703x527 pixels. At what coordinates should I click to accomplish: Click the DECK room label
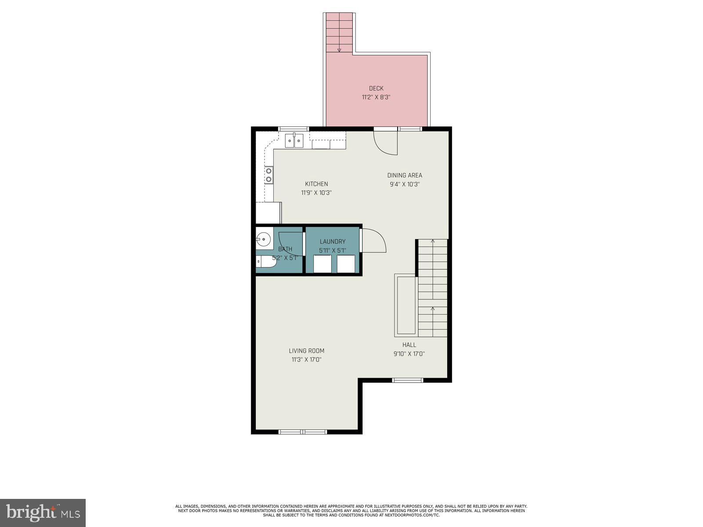(x=376, y=88)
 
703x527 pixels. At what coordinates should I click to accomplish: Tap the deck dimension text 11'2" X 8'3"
(x=376, y=97)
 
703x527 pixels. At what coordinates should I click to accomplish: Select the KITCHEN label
(x=316, y=184)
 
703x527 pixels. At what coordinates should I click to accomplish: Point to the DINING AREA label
(x=405, y=175)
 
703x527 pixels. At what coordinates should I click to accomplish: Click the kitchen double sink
(x=294, y=141)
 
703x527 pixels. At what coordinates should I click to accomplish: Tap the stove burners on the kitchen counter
(x=268, y=175)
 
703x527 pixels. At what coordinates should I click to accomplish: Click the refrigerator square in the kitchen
(x=268, y=213)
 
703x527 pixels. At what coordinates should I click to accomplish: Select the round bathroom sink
(x=264, y=240)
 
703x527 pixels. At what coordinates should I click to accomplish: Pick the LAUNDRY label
(x=333, y=242)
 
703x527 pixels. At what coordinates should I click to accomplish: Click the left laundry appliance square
(x=322, y=263)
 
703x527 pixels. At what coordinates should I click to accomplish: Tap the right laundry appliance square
(x=346, y=263)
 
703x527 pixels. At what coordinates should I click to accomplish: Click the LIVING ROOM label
(x=307, y=351)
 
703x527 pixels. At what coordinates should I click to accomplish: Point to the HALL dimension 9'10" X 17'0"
(x=409, y=354)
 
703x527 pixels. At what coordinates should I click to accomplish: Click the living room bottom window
(x=303, y=432)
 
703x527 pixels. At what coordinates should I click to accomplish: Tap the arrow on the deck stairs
(x=339, y=49)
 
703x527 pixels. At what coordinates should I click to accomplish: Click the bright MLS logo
(x=43, y=513)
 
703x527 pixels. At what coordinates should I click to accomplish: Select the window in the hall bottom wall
(x=407, y=380)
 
